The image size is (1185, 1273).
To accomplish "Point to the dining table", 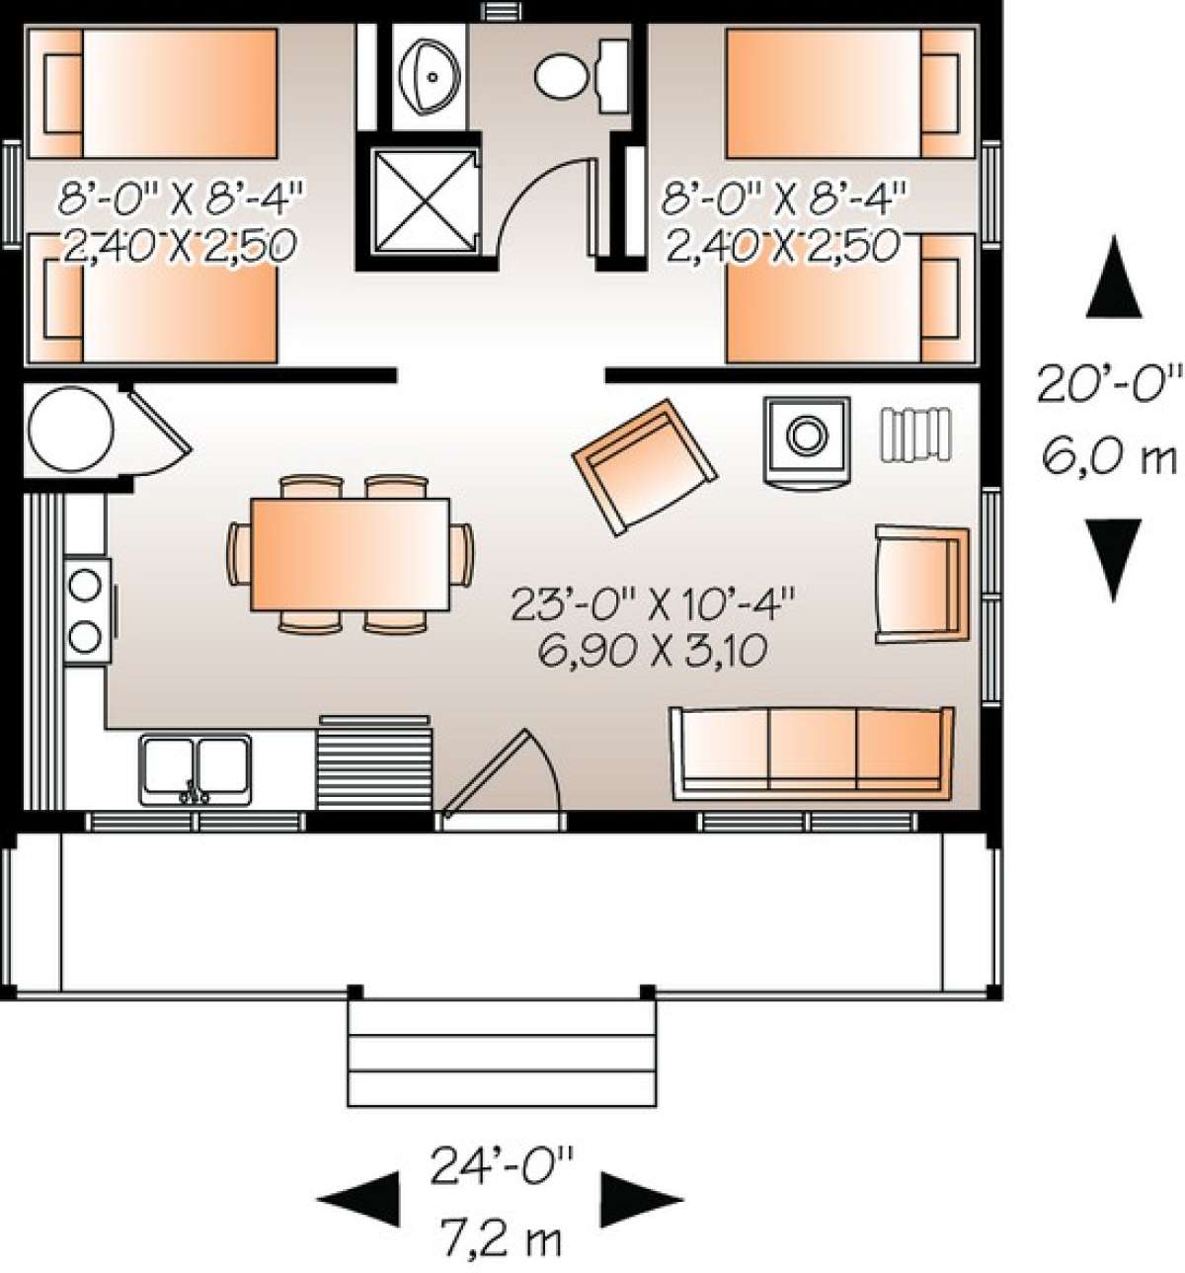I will point(350,554).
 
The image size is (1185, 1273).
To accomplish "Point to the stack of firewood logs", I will point(916,434).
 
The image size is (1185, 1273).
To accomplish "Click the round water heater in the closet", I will point(70,431).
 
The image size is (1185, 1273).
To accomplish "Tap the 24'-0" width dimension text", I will point(501,1165).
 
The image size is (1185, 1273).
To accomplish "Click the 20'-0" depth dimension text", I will point(1109,383).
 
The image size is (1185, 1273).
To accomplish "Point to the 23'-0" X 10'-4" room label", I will point(653,602).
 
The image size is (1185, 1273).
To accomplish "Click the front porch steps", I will point(502,1051).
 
